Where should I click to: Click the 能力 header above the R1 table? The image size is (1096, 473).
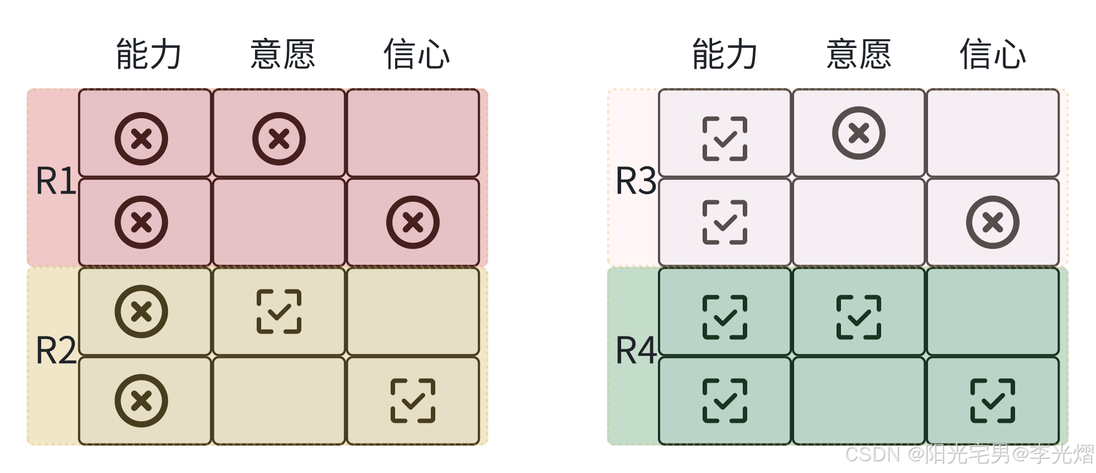[148, 54]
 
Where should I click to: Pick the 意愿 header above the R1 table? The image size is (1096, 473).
[283, 54]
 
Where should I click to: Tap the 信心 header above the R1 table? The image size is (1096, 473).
[416, 54]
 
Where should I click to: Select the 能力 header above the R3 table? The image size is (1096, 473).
[725, 54]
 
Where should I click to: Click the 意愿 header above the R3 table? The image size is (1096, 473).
[859, 54]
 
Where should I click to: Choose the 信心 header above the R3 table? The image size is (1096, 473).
[993, 54]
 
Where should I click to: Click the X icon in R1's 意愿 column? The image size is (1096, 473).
[278, 139]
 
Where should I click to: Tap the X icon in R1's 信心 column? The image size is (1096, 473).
[413, 222]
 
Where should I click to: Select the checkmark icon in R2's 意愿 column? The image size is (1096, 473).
[279, 312]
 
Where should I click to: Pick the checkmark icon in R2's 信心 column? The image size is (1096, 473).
[413, 400]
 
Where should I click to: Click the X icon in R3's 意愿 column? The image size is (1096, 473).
[859, 133]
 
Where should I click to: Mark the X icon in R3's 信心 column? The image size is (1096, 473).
[993, 222]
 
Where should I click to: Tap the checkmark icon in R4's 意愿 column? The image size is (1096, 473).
[859, 317]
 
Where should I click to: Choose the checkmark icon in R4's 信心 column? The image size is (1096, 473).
[993, 400]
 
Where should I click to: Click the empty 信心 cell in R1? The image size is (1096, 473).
[413, 133]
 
